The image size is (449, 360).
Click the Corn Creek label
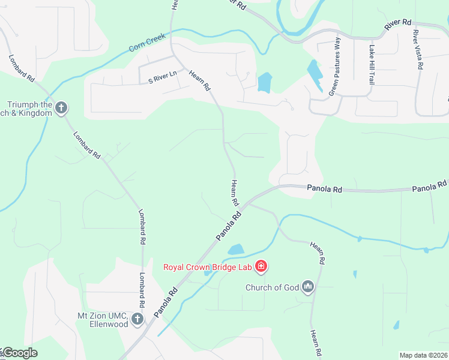(148, 45)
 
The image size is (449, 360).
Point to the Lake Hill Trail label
(372, 65)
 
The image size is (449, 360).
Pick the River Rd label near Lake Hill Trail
(398, 25)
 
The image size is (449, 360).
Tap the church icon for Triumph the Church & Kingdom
(61, 108)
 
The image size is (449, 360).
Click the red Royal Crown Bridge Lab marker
(261, 266)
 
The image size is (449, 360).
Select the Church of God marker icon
(309, 287)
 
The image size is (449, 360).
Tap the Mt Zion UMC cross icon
(137, 319)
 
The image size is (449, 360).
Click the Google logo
(19, 353)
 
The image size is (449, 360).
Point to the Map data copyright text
(423, 355)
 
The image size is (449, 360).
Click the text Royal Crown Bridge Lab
(208, 266)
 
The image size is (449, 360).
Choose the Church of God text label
(272, 287)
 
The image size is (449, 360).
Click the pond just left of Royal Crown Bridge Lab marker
(236, 249)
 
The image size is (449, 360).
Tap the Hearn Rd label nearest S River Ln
(200, 80)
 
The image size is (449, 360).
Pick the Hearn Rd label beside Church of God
(318, 253)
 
